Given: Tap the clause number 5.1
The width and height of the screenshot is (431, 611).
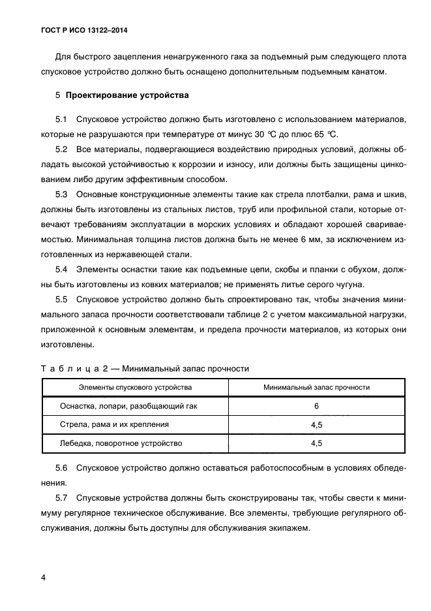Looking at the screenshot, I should pos(62,120).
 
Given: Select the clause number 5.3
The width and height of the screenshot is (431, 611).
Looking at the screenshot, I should pos(62,195).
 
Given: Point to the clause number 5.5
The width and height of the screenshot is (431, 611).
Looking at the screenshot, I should pos(62,300).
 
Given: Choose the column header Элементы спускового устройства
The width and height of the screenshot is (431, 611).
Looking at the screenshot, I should pos(135,387).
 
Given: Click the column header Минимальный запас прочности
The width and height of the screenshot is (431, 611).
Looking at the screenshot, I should pos(316,387).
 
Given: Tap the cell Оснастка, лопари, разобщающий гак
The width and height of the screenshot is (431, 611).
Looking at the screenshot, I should pos(128,405).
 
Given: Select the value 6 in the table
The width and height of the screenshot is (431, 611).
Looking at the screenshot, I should pos(316,406).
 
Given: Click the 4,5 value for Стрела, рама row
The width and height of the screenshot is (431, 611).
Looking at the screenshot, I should pos(316,424).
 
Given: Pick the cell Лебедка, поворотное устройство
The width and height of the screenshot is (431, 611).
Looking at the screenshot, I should pos(121,443).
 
